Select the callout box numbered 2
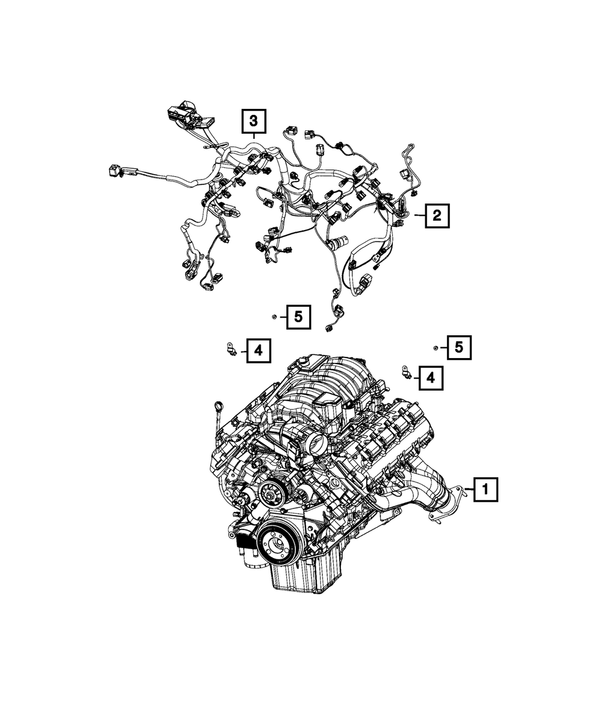coord(437,216)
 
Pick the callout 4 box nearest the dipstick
coord(258,351)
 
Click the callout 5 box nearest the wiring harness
coord(298,317)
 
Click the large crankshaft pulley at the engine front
coord(277,544)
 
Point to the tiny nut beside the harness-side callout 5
coord(273,316)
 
